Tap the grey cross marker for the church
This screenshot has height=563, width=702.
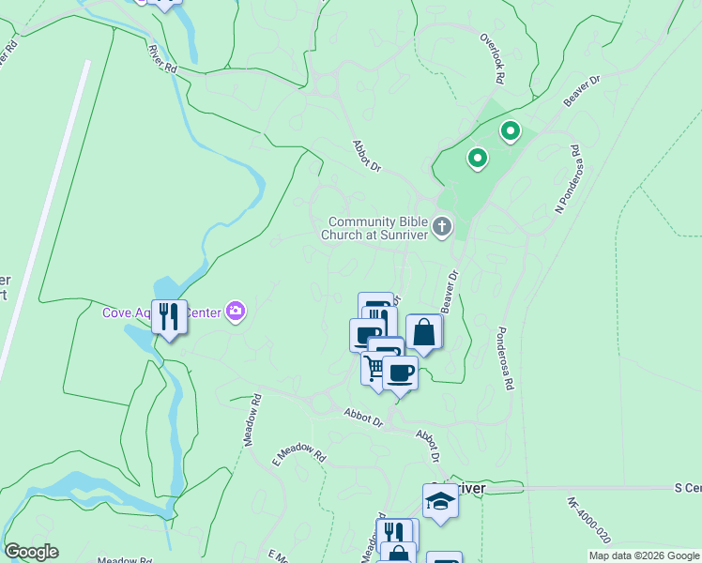tap(442, 227)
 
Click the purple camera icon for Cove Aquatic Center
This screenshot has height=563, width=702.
tap(235, 311)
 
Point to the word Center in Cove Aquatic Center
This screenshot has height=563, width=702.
tap(204, 312)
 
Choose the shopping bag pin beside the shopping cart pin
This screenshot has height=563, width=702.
tap(424, 332)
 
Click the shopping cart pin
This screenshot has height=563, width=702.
tap(376, 368)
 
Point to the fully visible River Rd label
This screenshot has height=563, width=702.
tap(162, 58)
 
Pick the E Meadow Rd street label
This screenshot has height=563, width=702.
tap(298, 456)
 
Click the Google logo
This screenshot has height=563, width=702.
tap(31, 552)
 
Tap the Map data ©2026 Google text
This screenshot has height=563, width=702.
tap(643, 555)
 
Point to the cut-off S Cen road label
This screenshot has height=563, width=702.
tap(688, 488)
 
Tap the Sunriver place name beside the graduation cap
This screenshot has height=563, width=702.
tap(467, 489)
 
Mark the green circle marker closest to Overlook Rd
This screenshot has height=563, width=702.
tap(510, 131)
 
